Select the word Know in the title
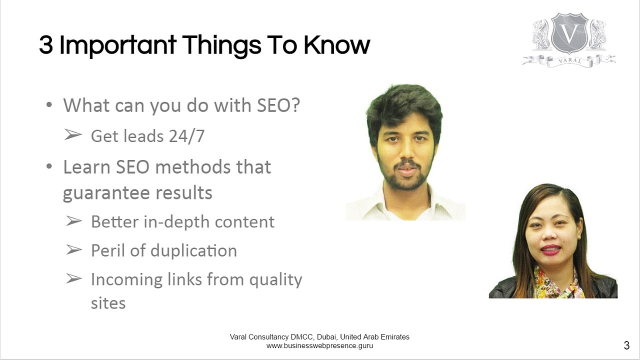[x=336, y=45]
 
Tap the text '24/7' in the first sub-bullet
[x=186, y=136]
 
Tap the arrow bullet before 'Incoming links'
[x=73, y=279]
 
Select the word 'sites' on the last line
[x=108, y=303]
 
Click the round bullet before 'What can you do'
[x=49, y=106]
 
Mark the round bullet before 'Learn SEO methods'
[x=49, y=166]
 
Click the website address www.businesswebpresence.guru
[x=319, y=345]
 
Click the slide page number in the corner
[x=626, y=345]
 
